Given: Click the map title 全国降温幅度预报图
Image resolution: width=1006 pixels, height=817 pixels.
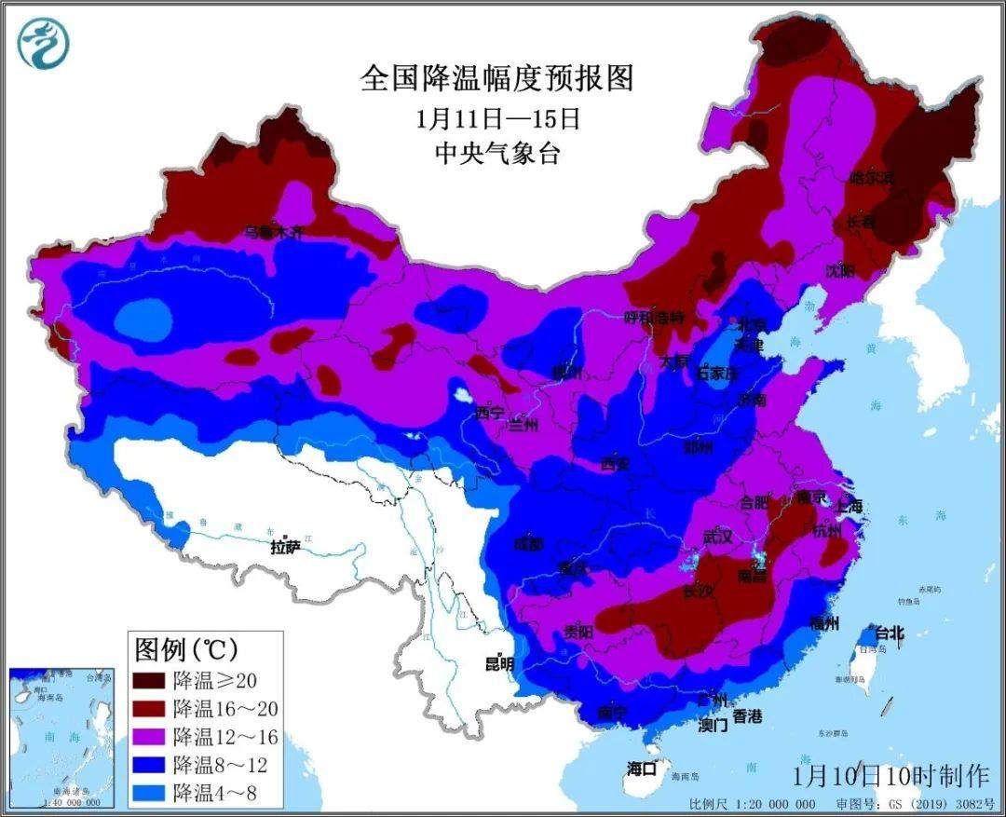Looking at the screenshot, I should pos(496,78).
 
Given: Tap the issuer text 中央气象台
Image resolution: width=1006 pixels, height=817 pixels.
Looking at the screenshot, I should pos(497,154).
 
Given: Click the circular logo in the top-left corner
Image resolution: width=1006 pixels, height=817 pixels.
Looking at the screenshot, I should pos(43,43).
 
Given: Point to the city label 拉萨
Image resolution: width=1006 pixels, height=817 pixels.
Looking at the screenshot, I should pos(286,547).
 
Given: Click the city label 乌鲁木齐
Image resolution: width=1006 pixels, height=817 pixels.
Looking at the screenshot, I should pos(274,232).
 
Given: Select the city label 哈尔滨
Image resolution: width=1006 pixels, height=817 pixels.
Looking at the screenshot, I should pos(871,177).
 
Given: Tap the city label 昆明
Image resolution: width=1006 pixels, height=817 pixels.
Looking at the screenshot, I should pos(498,664).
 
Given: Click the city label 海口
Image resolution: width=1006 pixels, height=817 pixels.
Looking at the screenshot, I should pos(642,769).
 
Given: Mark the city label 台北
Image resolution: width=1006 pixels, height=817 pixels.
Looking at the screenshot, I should pos(889,633).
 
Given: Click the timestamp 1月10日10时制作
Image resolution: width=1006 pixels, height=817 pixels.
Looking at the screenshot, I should pos(890,775).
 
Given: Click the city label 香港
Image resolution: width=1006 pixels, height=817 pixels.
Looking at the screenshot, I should pos(747,716).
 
